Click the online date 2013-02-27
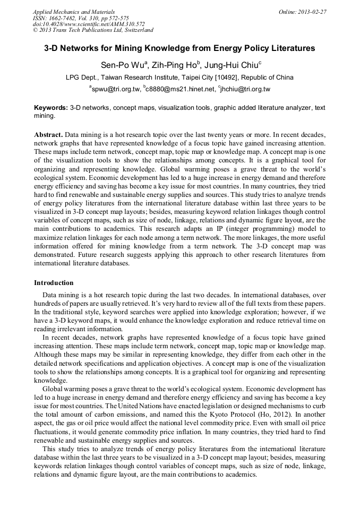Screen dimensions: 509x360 click(312, 11)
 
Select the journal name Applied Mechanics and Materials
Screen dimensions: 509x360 click(74, 11)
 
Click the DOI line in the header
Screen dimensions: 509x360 click(89, 24)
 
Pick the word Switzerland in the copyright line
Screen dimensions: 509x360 click(134, 30)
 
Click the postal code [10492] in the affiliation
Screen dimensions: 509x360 click(226, 77)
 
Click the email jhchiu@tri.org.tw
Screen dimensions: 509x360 click(247, 90)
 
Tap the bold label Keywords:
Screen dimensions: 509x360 click(51, 108)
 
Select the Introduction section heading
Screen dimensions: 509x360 click(54, 283)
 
